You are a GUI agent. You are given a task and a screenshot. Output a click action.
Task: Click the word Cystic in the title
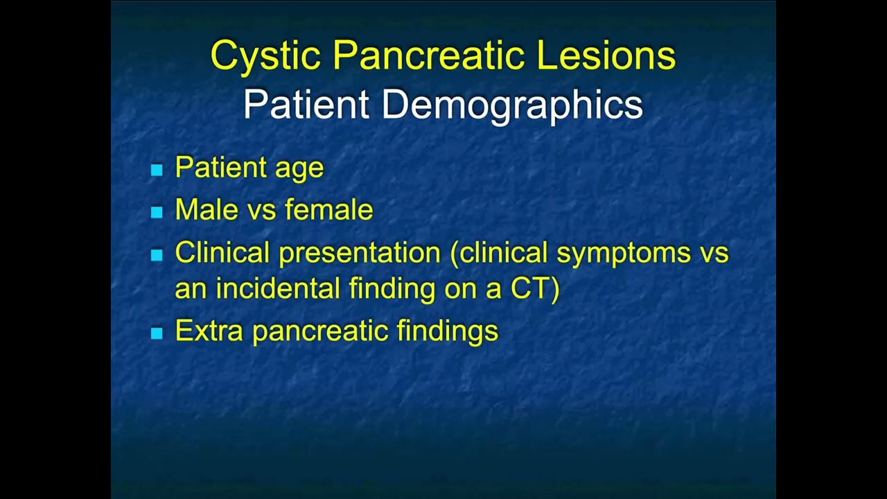(265, 55)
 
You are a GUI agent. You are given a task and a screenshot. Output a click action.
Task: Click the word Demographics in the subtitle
(511, 105)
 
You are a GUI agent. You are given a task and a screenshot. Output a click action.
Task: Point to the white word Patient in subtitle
(306, 105)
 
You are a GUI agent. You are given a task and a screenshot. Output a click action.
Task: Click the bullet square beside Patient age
(157, 169)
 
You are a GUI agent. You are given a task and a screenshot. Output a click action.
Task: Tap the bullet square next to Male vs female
(157, 212)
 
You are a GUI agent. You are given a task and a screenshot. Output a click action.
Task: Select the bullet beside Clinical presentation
(157, 255)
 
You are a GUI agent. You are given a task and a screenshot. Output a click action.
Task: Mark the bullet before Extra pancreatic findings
(157, 333)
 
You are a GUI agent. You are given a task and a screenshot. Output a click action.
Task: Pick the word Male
(207, 209)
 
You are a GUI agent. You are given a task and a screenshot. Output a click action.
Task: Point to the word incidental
(279, 288)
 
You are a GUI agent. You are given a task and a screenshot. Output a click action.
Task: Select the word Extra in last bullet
(209, 331)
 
